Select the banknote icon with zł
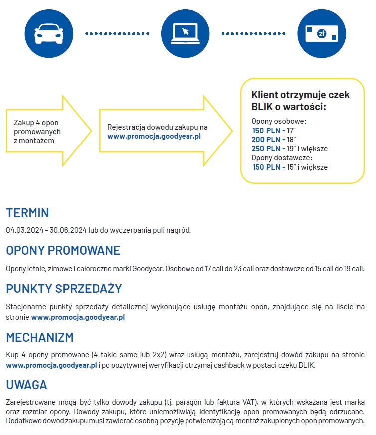pos(321,34)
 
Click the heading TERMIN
pos(27,213)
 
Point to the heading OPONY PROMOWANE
pos(63,250)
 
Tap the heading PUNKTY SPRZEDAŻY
pos(64,289)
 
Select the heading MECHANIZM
pos(40,337)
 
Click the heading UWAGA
pos(27,385)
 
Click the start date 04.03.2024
pos(23,230)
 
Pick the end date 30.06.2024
pos(66,230)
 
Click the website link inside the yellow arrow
pos(154,136)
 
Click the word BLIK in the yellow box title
pos(263,106)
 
